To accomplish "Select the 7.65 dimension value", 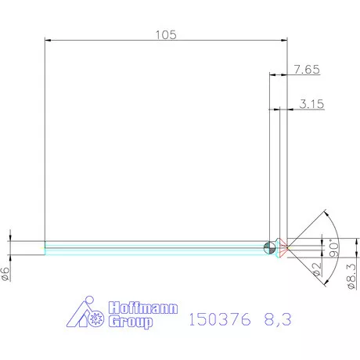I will coord(307,70).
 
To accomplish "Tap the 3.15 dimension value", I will coord(311,103).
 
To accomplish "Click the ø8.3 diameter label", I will coord(351,275).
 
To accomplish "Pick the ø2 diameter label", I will coord(316,270).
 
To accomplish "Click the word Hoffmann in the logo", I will coord(140,308).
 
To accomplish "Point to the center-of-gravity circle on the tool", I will coord(270,247).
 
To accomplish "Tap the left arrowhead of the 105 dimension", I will coord(49,41).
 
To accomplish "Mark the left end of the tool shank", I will coord(45,247).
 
